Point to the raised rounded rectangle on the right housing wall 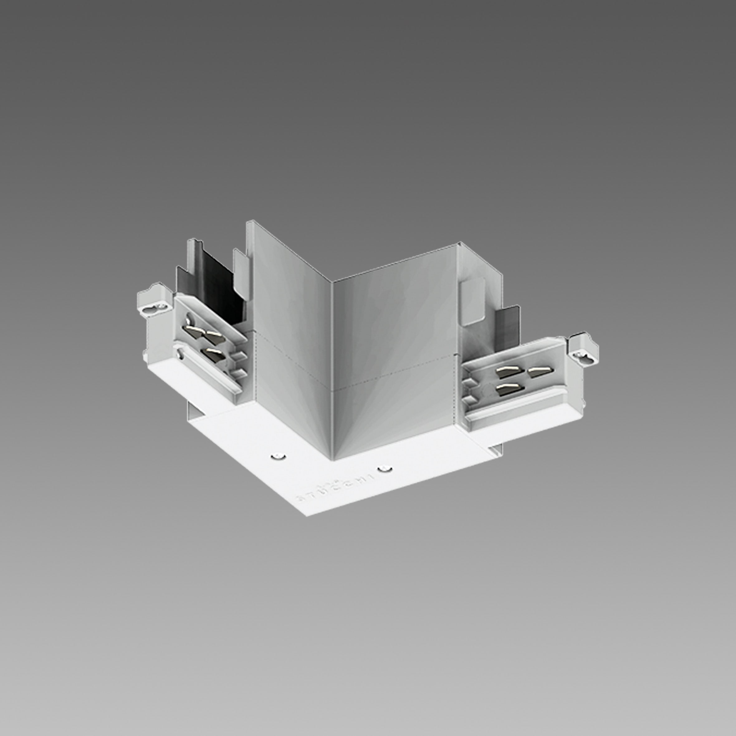(x=473, y=301)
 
